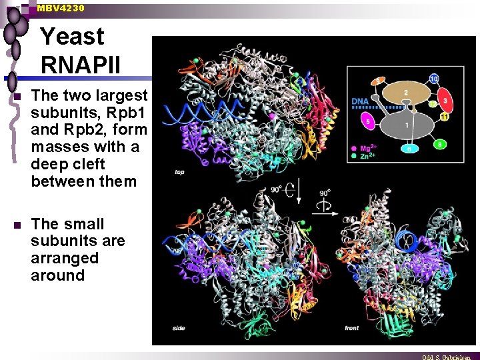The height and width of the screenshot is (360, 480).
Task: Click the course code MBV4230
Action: pos(61,8)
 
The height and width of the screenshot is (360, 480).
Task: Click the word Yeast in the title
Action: pos(73,36)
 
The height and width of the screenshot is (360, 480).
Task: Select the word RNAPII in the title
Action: pos(81,65)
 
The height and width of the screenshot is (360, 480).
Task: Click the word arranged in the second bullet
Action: pos(64,258)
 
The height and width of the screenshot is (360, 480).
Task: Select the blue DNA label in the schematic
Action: pos(360,101)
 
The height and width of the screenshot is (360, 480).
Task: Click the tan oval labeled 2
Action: pos(406,93)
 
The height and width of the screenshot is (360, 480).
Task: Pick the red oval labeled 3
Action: pos(445,100)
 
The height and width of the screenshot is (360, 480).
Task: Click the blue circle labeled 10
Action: pos(434,79)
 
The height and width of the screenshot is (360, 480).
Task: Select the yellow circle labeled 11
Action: pos(443,117)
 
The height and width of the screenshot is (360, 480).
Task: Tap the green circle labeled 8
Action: pos(440,143)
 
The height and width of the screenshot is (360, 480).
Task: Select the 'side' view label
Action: pos(179,328)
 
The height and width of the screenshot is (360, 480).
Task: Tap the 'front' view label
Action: pos(352,328)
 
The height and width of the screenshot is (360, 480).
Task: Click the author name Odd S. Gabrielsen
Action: pos(447,357)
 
